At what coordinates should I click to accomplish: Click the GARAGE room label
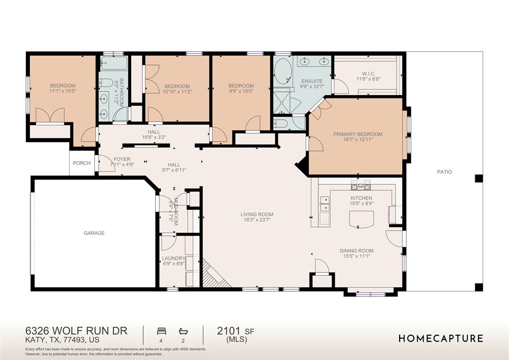[x=94, y=233]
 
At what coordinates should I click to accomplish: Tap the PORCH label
[x=82, y=163]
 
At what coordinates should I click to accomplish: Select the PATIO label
[x=444, y=172]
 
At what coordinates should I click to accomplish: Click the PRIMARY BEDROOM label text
[x=358, y=134]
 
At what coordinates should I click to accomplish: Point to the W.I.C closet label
[x=368, y=74]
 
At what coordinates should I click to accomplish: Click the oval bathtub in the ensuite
[x=283, y=72]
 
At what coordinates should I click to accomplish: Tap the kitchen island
[x=361, y=218]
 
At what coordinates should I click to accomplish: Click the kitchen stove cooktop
[x=360, y=185]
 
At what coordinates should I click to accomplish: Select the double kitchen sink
[x=325, y=203]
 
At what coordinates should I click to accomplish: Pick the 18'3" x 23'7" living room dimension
[x=257, y=220]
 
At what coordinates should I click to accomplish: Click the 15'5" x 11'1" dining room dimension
[x=356, y=256]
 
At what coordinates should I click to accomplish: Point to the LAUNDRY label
[x=173, y=259]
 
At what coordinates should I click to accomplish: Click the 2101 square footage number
[x=229, y=331]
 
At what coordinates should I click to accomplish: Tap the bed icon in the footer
[x=162, y=331]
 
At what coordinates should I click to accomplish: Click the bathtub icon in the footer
[x=183, y=331]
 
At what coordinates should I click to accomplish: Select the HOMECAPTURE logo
[x=441, y=339]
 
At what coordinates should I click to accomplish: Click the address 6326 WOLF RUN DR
[x=76, y=331]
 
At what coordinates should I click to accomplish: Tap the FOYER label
[x=122, y=160]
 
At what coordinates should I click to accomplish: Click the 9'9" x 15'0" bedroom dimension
[x=241, y=91]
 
